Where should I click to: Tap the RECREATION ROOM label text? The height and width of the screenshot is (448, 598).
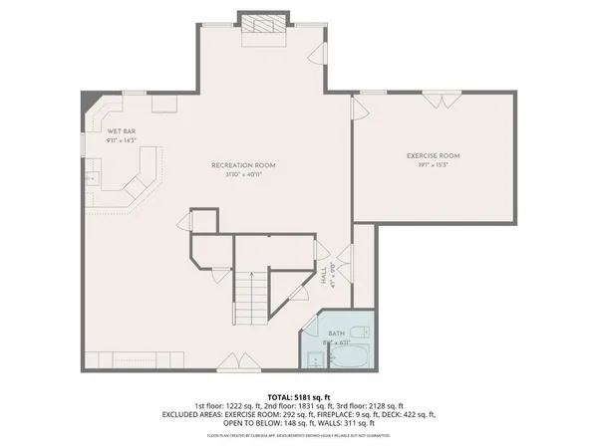click(x=243, y=164)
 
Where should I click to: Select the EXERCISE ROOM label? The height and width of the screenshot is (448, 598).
click(x=433, y=156)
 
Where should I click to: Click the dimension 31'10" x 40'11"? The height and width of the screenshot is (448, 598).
click(x=243, y=175)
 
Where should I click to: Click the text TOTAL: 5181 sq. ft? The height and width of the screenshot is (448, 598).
click(x=299, y=396)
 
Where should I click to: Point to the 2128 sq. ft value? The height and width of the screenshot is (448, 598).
click(x=383, y=405)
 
